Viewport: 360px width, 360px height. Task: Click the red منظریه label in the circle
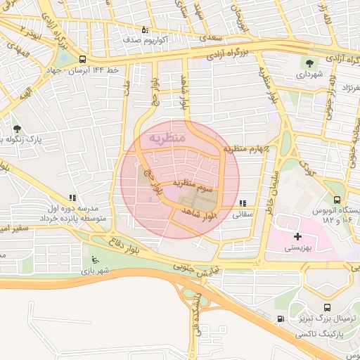click(x=167, y=138)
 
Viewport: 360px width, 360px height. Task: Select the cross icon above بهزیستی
click(x=298, y=237)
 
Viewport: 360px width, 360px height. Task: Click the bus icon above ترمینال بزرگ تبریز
click(x=328, y=307)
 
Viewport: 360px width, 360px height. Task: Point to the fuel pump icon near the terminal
click(x=281, y=319)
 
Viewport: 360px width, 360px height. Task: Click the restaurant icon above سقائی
click(x=243, y=204)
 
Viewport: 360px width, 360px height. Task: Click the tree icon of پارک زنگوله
click(x=17, y=129)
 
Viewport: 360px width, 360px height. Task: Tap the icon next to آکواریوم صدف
click(x=145, y=30)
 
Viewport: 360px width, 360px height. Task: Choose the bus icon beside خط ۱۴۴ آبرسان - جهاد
click(x=84, y=60)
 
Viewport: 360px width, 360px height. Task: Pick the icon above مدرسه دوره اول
click(x=72, y=198)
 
